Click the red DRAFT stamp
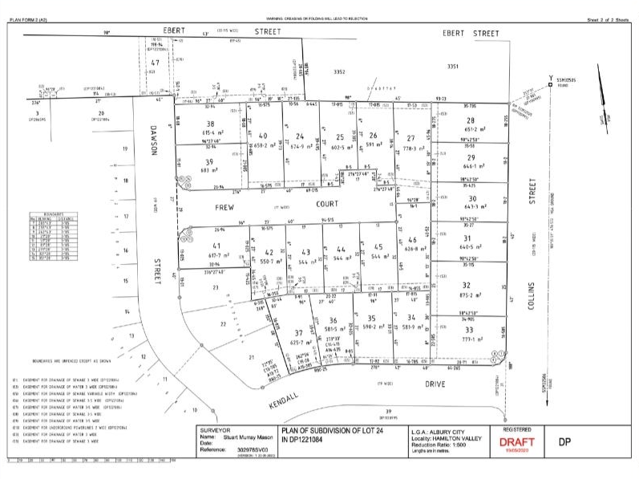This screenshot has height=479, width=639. point(516,442)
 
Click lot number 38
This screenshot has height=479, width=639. point(211,124)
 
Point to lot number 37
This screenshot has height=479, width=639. point(297,333)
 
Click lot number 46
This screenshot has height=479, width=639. point(413,240)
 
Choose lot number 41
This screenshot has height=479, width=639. point(216,246)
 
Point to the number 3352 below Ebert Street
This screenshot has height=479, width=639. point(339,72)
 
